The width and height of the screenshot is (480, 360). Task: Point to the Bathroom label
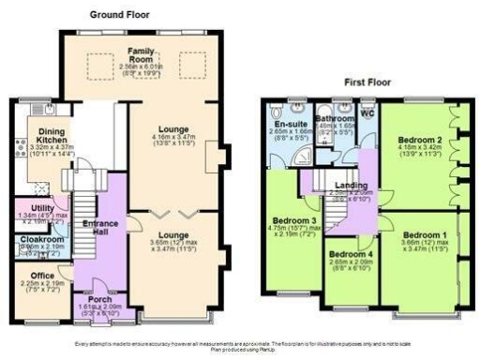pos(335,119)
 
